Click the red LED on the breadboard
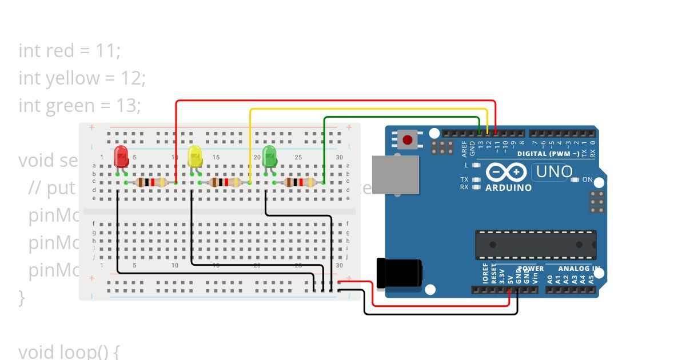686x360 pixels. (x=121, y=155)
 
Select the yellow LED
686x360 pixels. (x=195, y=155)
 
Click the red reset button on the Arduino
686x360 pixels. (x=408, y=139)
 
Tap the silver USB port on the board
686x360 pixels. (x=396, y=174)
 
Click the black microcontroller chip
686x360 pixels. (x=536, y=245)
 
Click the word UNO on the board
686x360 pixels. (x=553, y=171)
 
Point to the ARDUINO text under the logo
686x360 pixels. (x=508, y=188)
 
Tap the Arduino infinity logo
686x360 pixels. (x=506, y=173)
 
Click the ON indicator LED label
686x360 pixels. (x=587, y=180)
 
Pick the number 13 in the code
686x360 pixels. (x=127, y=106)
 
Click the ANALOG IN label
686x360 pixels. (x=579, y=269)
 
